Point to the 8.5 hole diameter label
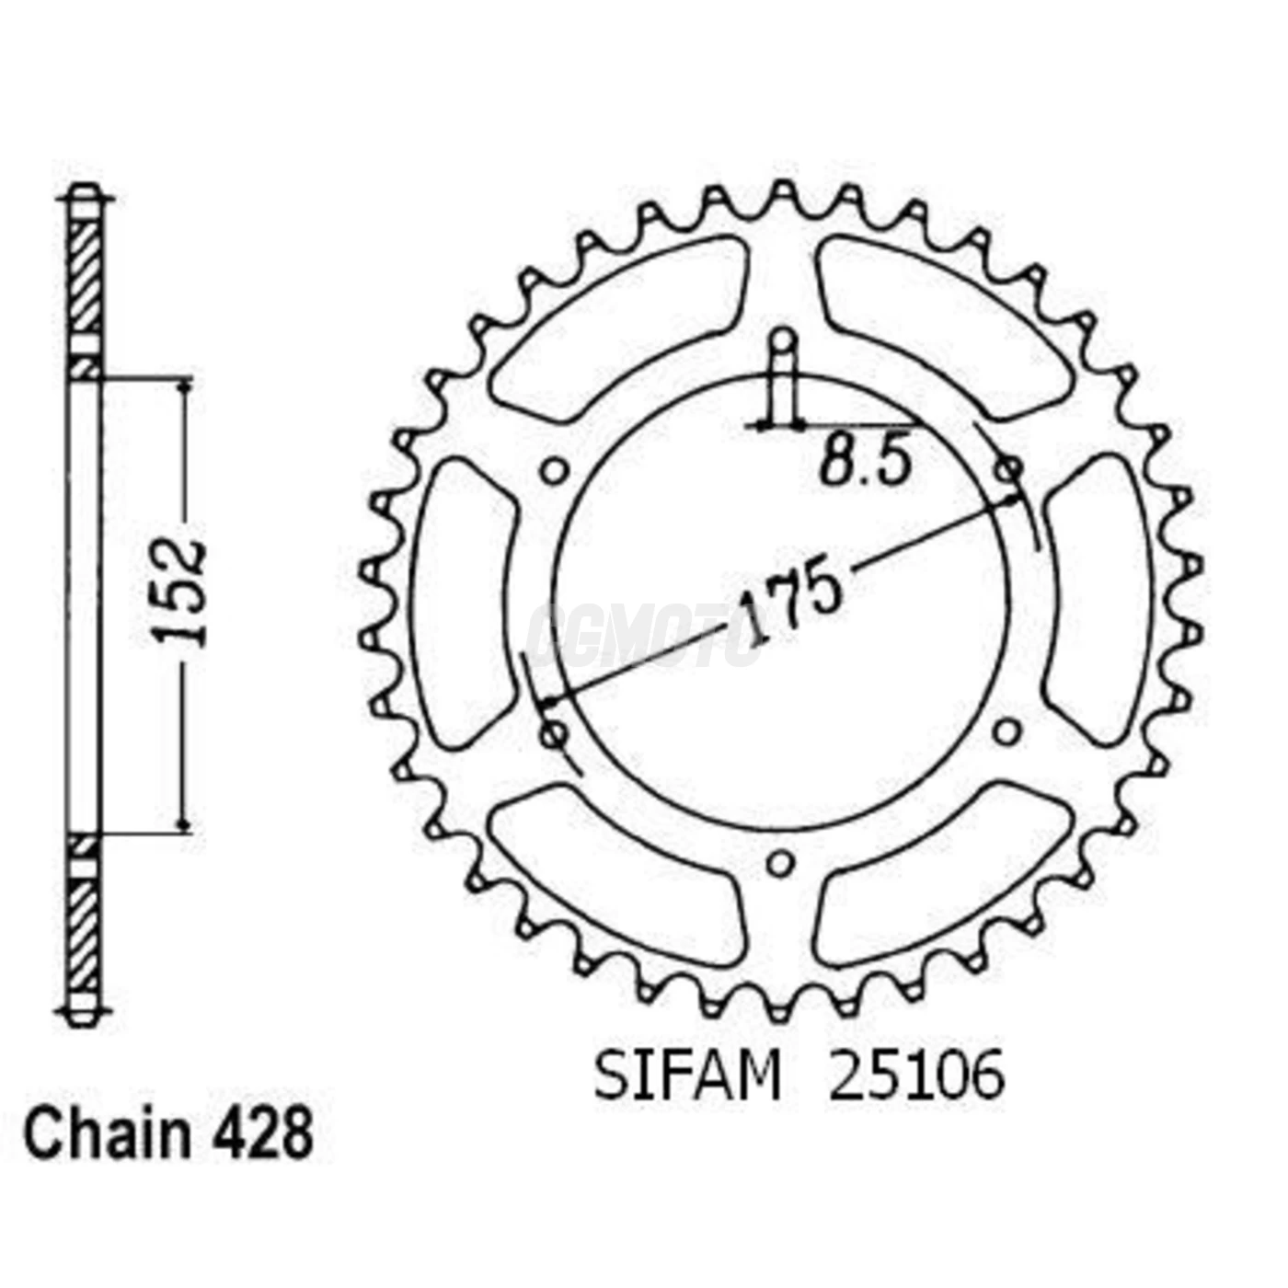tap(865, 461)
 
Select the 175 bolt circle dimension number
tap(791, 603)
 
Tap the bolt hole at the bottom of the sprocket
tap(780, 863)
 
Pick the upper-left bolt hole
tap(553, 472)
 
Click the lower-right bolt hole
tap(1008, 732)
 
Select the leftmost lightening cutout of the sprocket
tap(460, 603)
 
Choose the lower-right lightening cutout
tap(943, 879)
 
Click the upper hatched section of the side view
tap(86, 276)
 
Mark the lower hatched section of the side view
tap(84, 929)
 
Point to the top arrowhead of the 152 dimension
tap(185, 386)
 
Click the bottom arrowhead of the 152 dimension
tap(185, 824)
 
